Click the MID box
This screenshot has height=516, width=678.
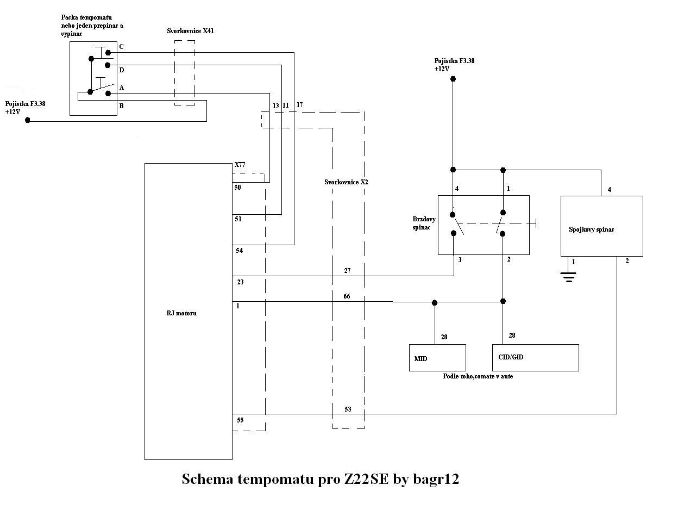[437, 358]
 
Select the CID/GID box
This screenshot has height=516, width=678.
[535, 358]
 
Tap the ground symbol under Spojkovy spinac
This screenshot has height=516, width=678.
[568, 277]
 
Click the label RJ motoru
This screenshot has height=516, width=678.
[181, 313]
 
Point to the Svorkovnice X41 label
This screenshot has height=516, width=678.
[190, 31]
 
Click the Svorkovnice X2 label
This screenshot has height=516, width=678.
[346, 182]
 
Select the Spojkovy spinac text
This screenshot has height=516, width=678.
[591, 229]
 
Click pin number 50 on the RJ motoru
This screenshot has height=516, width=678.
[237, 188]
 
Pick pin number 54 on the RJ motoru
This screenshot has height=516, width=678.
[240, 251]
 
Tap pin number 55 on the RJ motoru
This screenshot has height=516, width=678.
[240, 420]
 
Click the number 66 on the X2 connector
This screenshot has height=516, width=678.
[347, 296]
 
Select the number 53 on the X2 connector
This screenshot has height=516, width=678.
[348, 409]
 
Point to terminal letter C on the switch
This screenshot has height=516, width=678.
[121, 47]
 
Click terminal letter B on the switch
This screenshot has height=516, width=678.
[121, 106]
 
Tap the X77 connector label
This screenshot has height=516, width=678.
[240, 164]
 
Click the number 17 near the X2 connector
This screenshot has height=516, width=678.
[300, 105]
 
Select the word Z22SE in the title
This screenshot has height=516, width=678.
[366, 479]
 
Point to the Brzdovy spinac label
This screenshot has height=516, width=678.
[424, 223]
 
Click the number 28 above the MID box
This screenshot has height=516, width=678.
[444, 337]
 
